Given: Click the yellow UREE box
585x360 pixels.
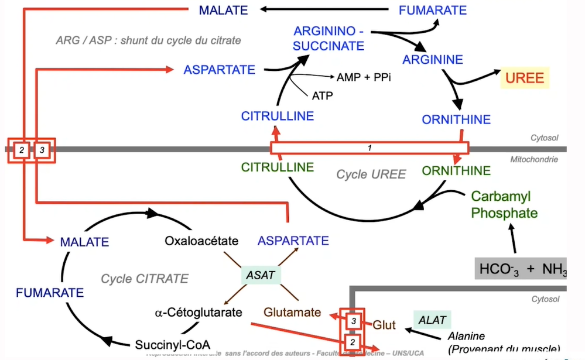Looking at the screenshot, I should [x=524, y=78].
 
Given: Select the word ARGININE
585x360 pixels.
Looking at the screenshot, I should [x=433, y=59].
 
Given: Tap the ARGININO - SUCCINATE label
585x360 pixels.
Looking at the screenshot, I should [x=329, y=37].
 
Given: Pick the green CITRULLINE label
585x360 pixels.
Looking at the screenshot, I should [x=278, y=168].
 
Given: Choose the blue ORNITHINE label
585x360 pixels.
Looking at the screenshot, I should [x=456, y=119].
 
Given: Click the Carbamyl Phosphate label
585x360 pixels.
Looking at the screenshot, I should [x=504, y=204].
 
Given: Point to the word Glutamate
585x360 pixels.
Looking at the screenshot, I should [x=292, y=312].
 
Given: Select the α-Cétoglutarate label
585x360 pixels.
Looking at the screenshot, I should [x=199, y=312].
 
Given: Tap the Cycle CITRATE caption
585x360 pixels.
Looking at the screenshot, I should [x=145, y=279].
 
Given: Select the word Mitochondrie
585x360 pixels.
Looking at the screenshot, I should [x=534, y=159].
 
